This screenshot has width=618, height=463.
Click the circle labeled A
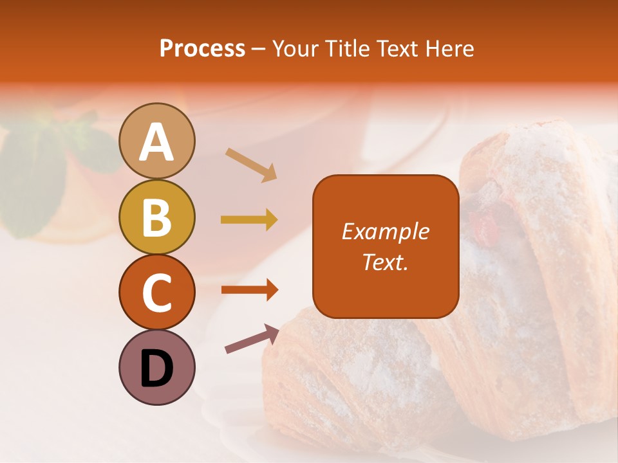[156, 141]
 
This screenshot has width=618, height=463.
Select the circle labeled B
[156, 217]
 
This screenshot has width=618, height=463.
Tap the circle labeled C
[156, 292]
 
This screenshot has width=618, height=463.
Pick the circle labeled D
[156, 367]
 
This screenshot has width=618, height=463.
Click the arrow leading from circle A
[251, 164]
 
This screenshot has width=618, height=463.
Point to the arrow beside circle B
[249, 220]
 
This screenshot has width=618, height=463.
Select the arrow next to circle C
[249, 289]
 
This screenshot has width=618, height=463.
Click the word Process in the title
[202, 49]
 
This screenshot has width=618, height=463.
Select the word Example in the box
[385, 232]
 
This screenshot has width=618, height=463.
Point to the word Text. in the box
[385, 262]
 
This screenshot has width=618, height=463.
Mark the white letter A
[156, 142]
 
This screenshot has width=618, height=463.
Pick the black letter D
[156, 368]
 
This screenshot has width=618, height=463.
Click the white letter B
[156, 217]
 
